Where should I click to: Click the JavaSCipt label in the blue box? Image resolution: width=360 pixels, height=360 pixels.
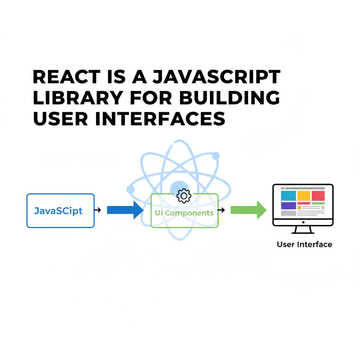(58, 211)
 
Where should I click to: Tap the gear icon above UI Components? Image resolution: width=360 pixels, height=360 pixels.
(184, 196)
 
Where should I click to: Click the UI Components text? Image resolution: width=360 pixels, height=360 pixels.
(184, 213)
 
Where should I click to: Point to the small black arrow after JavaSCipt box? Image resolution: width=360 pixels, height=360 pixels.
(98, 210)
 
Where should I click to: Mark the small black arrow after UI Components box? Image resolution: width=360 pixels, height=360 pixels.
(221, 210)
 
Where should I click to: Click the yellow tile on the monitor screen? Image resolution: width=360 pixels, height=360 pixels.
(304, 196)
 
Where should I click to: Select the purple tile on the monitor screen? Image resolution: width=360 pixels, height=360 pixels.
(288, 206)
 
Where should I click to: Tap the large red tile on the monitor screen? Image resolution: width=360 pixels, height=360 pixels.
(318, 196)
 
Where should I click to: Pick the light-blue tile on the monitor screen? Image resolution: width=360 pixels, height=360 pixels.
(288, 196)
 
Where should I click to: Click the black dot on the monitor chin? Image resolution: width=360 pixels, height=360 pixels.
(303, 222)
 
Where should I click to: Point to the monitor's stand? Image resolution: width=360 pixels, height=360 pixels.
(303, 230)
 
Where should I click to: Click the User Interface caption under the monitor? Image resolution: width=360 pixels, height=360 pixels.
(304, 244)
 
